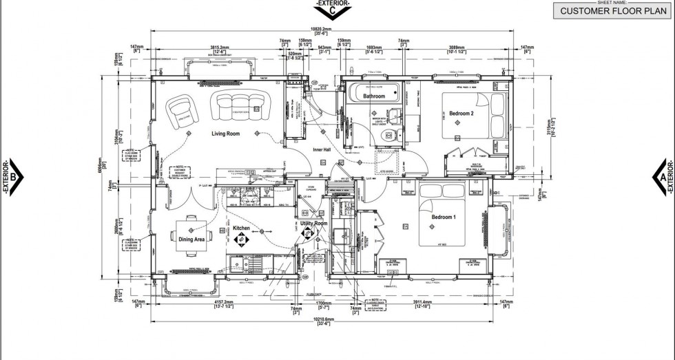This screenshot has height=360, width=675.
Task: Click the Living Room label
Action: click(225, 134)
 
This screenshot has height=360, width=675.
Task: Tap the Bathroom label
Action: click(374, 96)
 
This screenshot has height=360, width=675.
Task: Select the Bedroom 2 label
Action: click(461, 113)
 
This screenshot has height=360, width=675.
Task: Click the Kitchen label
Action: click(241, 228)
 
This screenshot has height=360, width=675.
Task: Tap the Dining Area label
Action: click(191, 240)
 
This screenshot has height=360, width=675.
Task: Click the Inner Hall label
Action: click(322, 149)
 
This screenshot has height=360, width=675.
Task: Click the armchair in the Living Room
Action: click(183, 109)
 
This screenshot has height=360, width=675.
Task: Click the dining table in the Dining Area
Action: click(190, 231)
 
